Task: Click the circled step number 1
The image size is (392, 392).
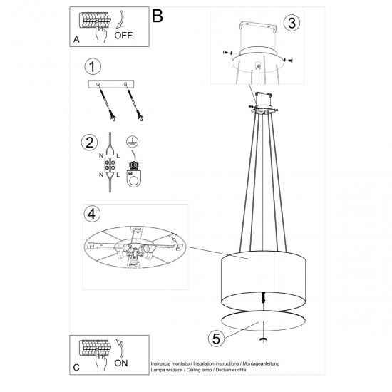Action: [91, 68]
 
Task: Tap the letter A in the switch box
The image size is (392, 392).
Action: [76, 39]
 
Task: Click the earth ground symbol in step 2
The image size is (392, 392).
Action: [132, 141]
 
